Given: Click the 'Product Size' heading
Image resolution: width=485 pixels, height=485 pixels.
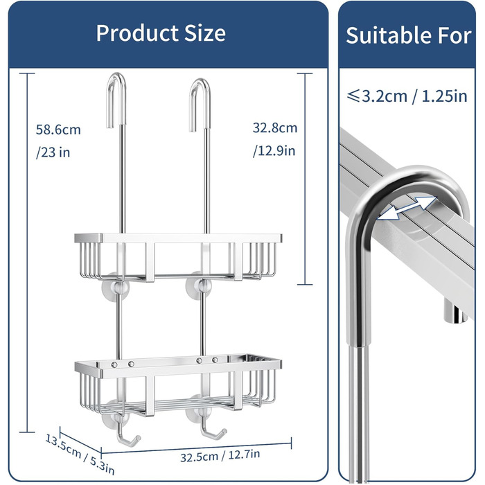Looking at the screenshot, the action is point(161,33).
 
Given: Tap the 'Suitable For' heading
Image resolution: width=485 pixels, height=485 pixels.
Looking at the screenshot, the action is point(409,35).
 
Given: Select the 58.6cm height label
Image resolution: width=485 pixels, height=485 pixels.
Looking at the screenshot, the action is point(58,130).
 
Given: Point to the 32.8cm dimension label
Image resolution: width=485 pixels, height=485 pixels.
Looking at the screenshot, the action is point(275,127).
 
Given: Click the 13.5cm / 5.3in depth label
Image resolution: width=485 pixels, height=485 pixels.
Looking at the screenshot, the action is point(80,454).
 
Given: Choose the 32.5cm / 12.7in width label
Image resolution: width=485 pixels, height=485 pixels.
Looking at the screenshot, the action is point(220,456).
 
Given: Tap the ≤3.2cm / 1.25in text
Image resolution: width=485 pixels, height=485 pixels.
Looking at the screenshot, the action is point(407,96).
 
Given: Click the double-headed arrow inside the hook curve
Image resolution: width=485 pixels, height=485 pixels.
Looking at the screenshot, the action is point(407,208).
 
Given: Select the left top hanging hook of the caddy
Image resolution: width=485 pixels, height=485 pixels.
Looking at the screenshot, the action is point(116,100).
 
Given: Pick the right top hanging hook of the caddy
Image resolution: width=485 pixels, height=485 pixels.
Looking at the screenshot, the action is point(200,105).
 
